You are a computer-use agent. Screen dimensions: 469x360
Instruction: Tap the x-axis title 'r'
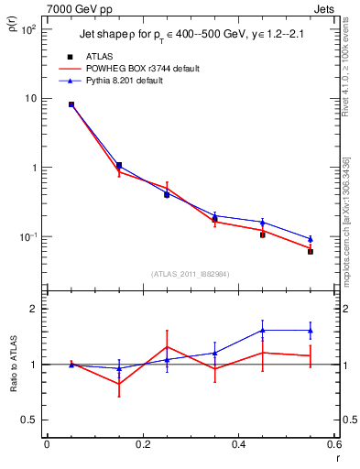pos(336,458)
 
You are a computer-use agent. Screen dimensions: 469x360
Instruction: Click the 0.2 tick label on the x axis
pos(142,445)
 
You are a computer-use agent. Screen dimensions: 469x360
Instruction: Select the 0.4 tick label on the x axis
pos(238,445)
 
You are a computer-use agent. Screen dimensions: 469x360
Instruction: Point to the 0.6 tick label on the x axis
pos(333,445)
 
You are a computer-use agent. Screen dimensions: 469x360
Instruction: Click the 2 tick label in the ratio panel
pos(36,309)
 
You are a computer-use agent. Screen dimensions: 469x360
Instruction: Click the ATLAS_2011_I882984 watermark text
pos(189,274)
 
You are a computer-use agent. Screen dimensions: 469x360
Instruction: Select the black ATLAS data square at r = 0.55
pos(311,251)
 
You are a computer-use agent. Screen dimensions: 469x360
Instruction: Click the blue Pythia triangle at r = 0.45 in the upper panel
pos(262,223)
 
